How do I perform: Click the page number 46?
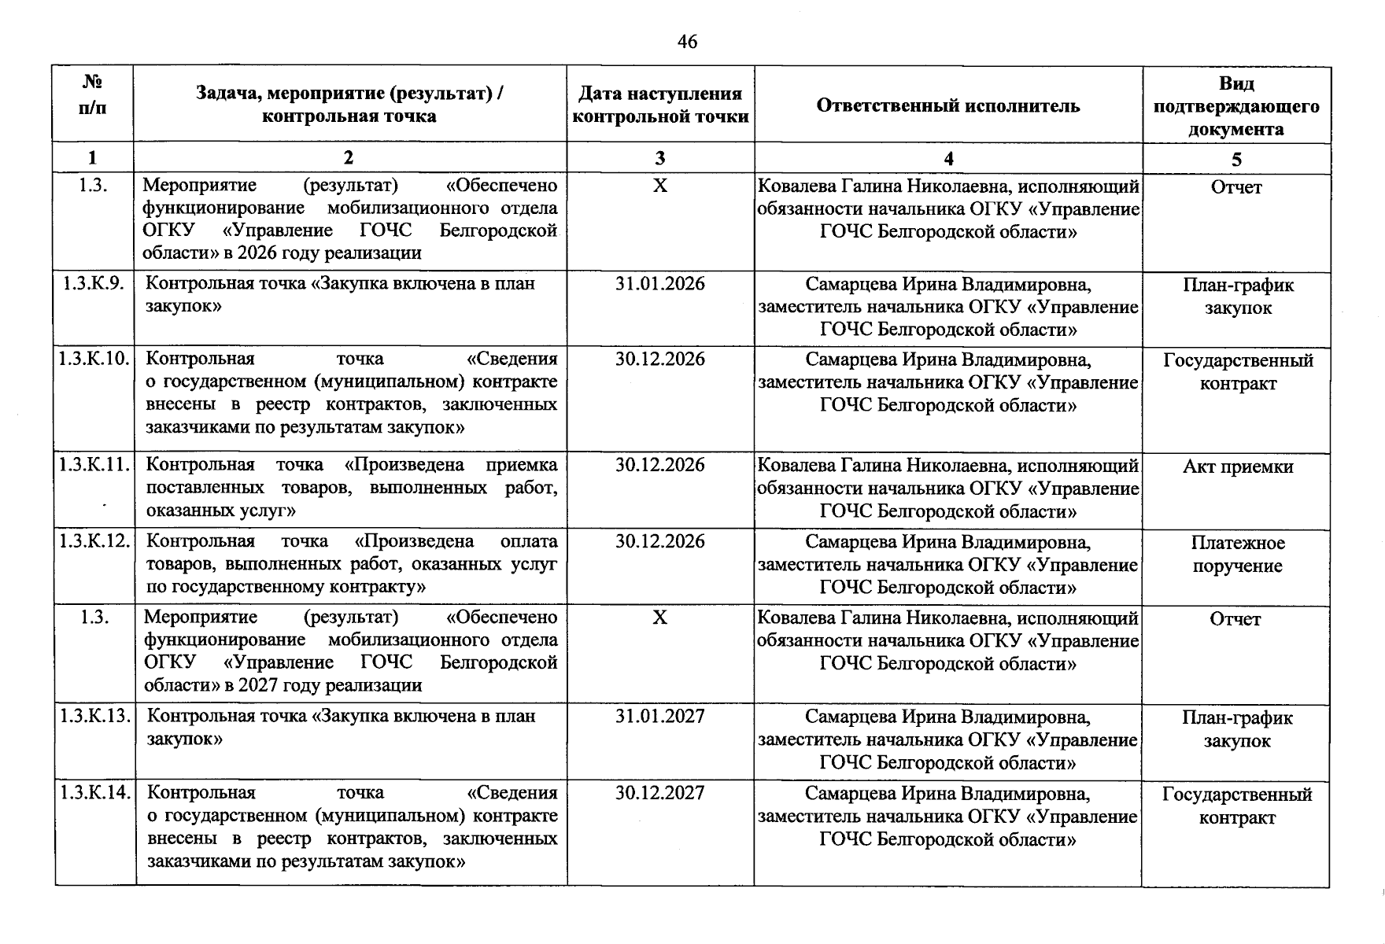point(687,42)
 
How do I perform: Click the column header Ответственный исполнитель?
point(948,105)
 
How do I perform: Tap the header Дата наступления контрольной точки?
point(660,105)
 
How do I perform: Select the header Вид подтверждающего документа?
point(1236,106)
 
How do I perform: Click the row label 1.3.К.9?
point(93,283)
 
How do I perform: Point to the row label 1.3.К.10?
point(94,360)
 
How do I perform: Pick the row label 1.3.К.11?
point(94,465)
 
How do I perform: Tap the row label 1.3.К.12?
point(94,541)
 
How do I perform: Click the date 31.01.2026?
point(660,284)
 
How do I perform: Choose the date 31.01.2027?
point(660,717)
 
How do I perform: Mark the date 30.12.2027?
point(660,793)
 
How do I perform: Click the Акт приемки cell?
point(1237,466)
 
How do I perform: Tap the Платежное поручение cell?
point(1237,554)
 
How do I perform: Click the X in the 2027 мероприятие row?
point(660,618)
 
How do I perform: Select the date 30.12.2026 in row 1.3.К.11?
point(660,465)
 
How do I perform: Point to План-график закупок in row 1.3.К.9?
point(1237,296)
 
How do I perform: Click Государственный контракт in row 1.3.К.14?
point(1237,806)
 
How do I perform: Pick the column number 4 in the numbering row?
point(948,159)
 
